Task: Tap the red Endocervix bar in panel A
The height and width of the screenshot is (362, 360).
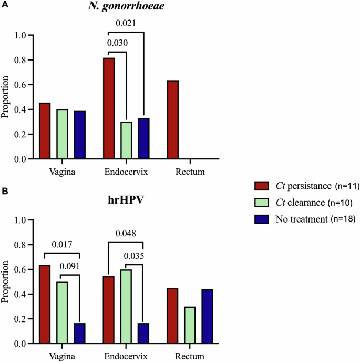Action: pos(109,108)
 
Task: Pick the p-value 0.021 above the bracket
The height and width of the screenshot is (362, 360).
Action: pos(126,23)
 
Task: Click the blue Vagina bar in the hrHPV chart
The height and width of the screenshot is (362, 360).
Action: pos(79,333)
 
